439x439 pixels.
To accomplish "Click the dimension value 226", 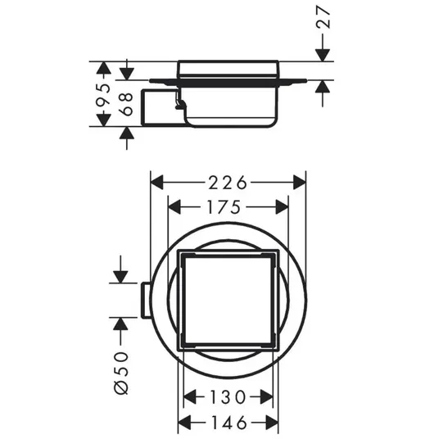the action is (x=228, y=183).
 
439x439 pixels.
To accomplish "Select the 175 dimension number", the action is (x=224, y=207).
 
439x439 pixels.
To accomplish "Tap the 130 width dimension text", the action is (x=228, y=397).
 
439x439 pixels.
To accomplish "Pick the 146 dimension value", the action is (x=229, y=422).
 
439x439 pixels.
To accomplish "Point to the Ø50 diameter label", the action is (x=121, y=373).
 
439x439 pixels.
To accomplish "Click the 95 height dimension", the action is (x=103, y=95).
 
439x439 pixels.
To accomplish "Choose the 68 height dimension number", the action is (x=127, y=104).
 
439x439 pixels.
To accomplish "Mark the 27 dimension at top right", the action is (x=323, y=17).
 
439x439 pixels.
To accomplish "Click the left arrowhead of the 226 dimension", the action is (x=156, y=183).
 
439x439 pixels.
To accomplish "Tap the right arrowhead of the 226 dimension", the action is (x=300, y=183).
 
